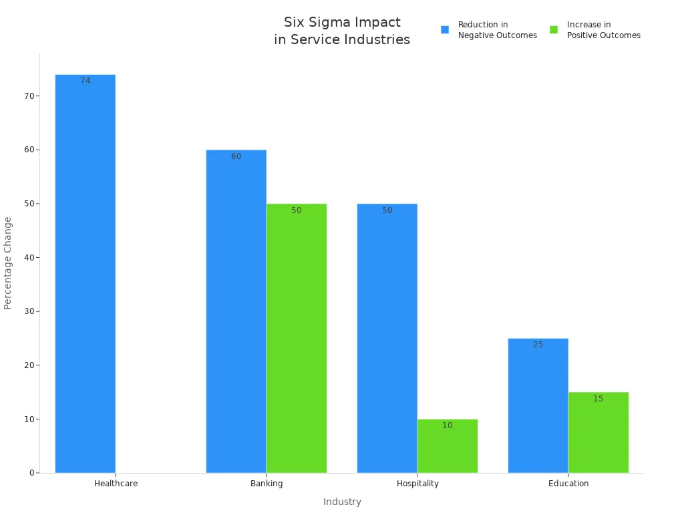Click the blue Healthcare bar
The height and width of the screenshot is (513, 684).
(85, 274)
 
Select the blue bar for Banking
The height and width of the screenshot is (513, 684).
(236, 311)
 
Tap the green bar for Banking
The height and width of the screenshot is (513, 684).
(297, 338)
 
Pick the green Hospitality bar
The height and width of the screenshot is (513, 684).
(448, 446)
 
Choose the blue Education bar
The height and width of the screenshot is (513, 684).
(538, 405)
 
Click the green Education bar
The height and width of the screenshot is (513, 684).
(598, 432)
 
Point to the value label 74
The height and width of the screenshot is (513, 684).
(85, 81)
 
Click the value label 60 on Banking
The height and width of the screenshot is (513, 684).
(236, 156)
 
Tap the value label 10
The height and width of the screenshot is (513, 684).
(448, 425)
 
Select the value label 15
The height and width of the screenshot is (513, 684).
(598, 399)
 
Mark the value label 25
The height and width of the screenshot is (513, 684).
(538, 345)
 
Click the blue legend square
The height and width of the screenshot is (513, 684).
(445, 30)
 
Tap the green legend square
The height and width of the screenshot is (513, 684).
(554, 30)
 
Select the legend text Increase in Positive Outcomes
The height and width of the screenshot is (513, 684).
(603, 30)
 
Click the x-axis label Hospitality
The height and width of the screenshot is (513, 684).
(417, 484)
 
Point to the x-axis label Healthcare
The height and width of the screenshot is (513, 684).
(116, 484)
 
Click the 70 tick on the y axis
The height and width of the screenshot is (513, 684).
(29, 96)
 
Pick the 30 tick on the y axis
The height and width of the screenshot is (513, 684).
(29, 311)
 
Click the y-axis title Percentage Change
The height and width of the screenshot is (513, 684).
(8, 263)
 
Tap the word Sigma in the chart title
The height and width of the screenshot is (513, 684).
(327, 22)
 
